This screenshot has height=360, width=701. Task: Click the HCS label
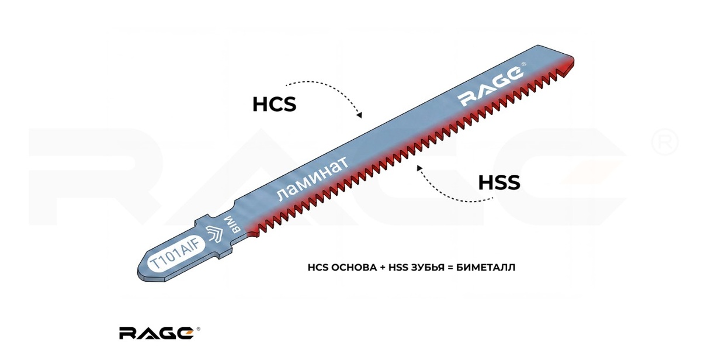click(274, 105)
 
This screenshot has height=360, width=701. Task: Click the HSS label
click(499, 182)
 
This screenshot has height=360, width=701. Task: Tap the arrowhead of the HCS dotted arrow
click(360, 115)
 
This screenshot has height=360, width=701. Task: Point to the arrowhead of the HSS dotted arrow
click(419, 168)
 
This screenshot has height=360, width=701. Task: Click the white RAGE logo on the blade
click(491, 86)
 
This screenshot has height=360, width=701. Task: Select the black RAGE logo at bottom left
click(156, 333)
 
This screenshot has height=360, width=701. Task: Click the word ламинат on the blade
click(312, 179)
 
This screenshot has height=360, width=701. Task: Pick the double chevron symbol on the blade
click(214, 234)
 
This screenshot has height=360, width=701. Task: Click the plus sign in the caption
click(383, 268)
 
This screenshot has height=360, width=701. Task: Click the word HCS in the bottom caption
click(317, 268)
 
